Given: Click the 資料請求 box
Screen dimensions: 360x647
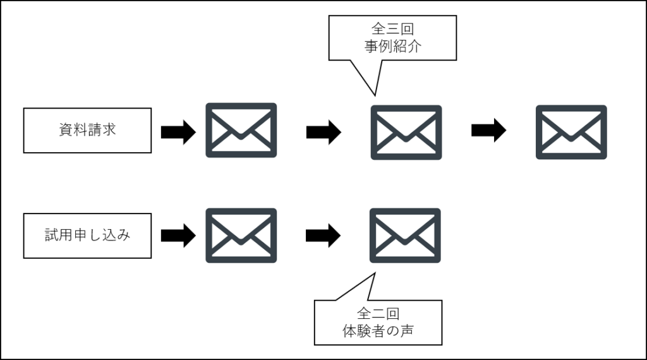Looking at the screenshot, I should click(87, 131).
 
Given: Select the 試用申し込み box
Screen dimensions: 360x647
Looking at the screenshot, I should click(87, 236).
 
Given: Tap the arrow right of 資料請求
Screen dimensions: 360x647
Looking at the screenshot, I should click(178, 132).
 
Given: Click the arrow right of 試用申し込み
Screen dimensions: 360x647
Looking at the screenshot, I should click(178, 236).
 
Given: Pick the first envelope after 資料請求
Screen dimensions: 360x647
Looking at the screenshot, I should click(241, 131).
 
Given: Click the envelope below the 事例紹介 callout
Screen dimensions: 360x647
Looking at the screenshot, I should click(406, 132).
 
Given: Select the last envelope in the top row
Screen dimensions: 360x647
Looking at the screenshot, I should click(571, 132).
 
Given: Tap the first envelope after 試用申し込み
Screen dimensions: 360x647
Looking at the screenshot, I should click(241, 236).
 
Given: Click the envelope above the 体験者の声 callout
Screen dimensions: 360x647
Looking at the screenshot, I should click(405, 236).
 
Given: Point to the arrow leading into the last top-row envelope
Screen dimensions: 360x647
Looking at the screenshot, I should click(488, 131).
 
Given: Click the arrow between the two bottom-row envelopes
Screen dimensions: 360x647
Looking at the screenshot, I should click(323, 236).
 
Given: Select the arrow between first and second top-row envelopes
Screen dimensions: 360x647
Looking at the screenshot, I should click(323, 132).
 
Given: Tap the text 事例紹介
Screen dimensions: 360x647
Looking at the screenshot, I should click(392, 47).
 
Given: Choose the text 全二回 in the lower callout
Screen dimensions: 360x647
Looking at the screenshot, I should click(378, 313).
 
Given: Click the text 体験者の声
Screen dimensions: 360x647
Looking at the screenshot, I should click(378, 331).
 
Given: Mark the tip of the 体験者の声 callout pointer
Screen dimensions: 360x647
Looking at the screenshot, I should click(375, 273).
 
